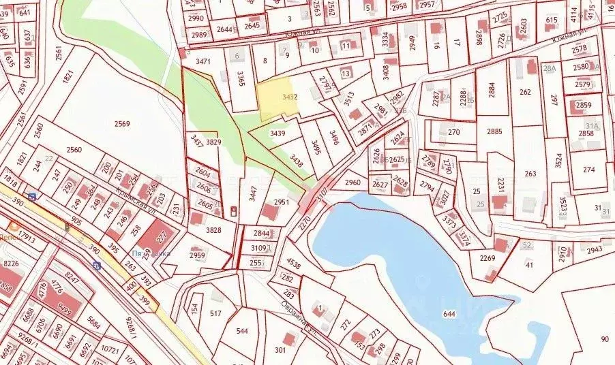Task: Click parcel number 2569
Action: click(x=122, y=124)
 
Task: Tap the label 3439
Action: click(x=277, y=133)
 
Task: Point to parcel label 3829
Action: click(x=213, y=142)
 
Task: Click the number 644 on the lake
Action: click(x=448, y=314)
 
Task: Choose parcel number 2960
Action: click(x=352, y=182)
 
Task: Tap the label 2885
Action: click(x=494, y=131)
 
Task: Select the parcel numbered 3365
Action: click(x=241, y=79)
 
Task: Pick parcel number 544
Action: click(x=242, y=332)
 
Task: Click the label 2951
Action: click(x=282, y=202)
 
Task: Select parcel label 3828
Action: click(x=213, y=231)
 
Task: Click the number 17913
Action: click(x=27, y=237)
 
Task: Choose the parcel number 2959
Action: click(x=197, y=255)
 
